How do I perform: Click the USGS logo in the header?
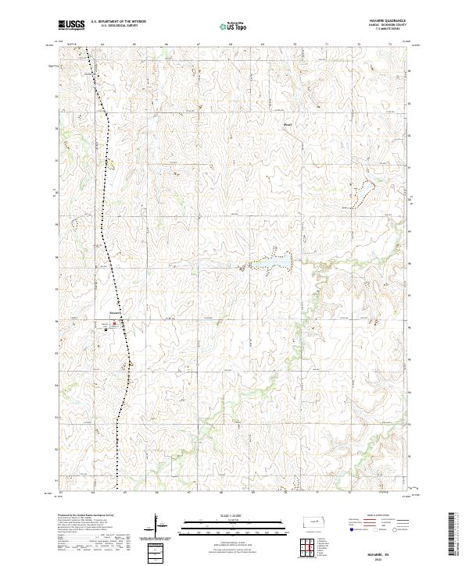point(71,26)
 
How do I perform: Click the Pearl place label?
point(288,123)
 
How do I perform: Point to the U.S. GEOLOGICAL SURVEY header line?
point(113,26)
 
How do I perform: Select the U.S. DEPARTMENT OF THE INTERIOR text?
point(118,21)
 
